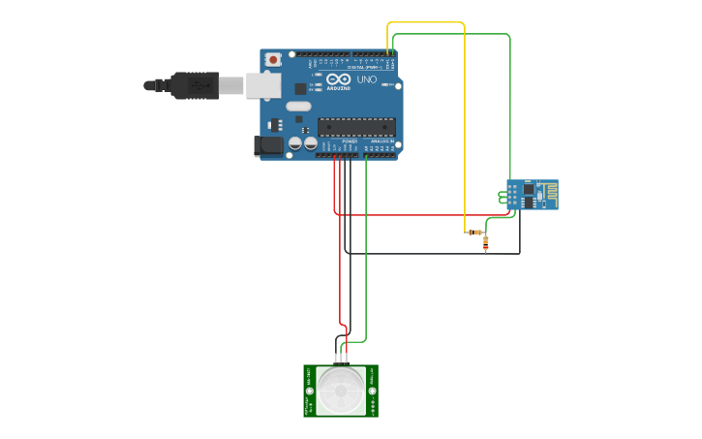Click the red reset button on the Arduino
click(x=273, y=59)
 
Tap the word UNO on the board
click(x=367, y=79)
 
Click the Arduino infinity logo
click(x=338, y=78)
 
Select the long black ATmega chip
click(x=356, y=126)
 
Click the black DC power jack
click(x=268, y=145)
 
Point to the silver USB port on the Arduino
click(x=261, y=85)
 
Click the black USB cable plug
click(x=194, y=85)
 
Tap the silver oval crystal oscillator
click(x=298, y=106)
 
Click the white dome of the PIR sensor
click(x=341, y=391)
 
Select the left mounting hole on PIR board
click(x=310, y=392)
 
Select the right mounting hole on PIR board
click(x=373, y=392)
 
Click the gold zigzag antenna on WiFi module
click(x=549, y=194)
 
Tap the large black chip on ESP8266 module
click(x=529, y=190)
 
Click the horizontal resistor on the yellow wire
click(x=474, y=232)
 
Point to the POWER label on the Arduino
click(x=350, y=141)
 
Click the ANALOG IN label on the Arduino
click(x=382, y=141)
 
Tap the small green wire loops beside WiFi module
click(x=503, y=198)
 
